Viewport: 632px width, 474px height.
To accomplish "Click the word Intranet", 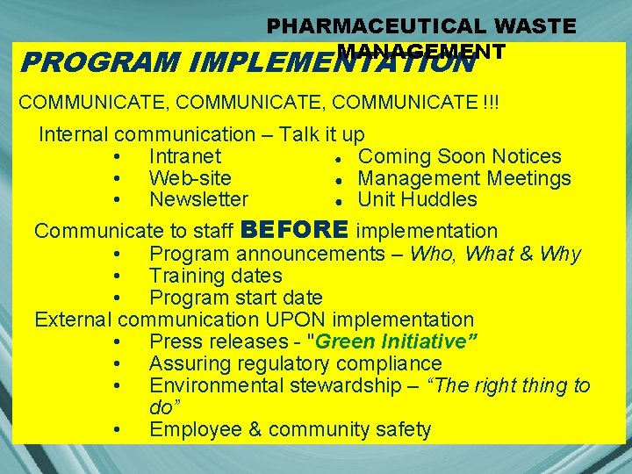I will pos(185,156).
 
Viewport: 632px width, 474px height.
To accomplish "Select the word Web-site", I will pos(190,178).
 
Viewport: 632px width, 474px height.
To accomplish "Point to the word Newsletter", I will pos(199,199).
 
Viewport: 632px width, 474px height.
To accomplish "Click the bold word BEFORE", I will pos(294,230).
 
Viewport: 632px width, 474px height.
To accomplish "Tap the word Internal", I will pos(73,134).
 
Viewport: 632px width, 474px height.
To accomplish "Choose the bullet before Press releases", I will pos(118,342).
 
